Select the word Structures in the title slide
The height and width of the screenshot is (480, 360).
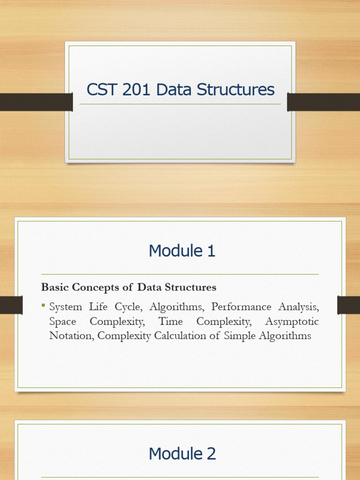235,90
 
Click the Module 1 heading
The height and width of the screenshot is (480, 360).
182,251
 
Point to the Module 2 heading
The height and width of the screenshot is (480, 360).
182,453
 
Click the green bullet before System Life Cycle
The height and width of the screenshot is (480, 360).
43,305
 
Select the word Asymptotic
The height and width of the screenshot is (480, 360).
292,322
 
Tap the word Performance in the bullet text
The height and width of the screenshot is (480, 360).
241,307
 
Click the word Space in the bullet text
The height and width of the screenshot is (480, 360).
63,322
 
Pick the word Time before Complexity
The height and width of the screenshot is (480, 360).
170,321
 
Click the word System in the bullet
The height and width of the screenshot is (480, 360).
66,307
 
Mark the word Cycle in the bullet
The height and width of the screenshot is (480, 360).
128,307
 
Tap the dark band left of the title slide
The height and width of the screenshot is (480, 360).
37,102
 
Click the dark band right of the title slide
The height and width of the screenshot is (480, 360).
323,102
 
